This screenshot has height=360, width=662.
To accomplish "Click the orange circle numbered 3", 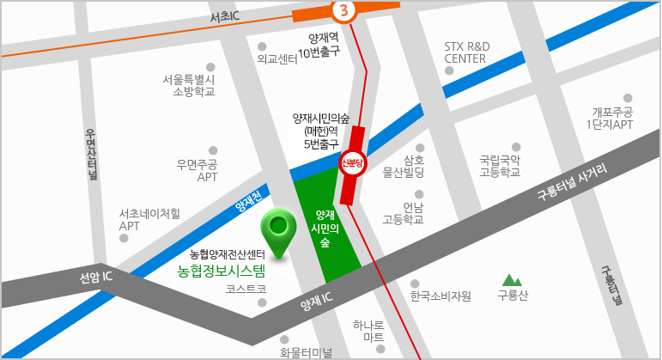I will (x=343, y=10).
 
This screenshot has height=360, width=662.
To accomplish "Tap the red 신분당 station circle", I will (x=353, y=162).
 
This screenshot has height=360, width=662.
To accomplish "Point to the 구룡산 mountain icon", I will (x=513, y=279).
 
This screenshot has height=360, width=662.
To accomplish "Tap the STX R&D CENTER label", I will (x=465, y=52).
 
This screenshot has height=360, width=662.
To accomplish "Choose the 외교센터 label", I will (x=276, y=59).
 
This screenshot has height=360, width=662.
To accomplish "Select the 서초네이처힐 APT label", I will (x=149, y=220).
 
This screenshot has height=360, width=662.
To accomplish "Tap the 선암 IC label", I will (x=96, y=278).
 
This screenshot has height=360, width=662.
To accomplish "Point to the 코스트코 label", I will (x=246, y=290).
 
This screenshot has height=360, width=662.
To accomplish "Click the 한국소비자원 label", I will (x=440, y=296).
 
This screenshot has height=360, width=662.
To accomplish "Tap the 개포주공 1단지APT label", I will (x=611, y=119).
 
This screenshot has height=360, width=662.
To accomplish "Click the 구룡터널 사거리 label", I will (x=571, y=182).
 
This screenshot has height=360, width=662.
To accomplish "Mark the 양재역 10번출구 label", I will (x=319, y=45).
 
